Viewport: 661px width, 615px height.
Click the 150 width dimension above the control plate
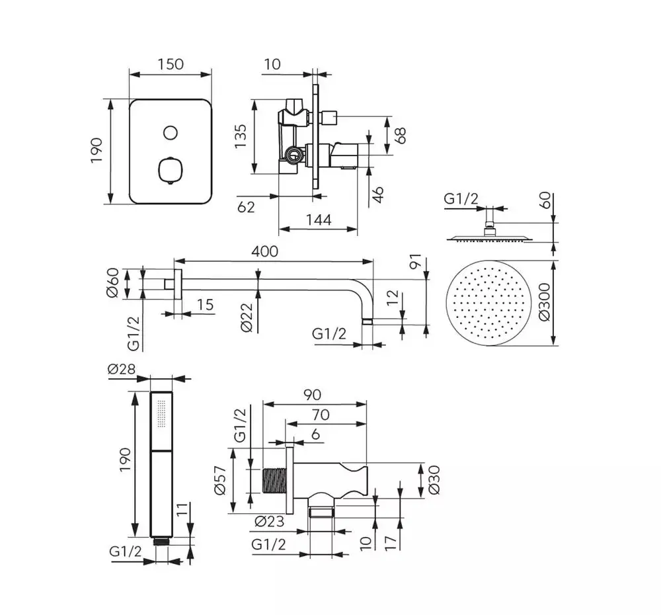(170, 64)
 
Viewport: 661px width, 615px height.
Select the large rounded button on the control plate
(170, 171)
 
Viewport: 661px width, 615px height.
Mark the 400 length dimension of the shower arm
(264, 251)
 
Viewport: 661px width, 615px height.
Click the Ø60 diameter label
(113, 283)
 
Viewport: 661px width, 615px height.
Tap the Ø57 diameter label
(222, 479)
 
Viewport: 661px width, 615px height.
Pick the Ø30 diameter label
(434, 481)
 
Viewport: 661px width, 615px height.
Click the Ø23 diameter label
(269, 522)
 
